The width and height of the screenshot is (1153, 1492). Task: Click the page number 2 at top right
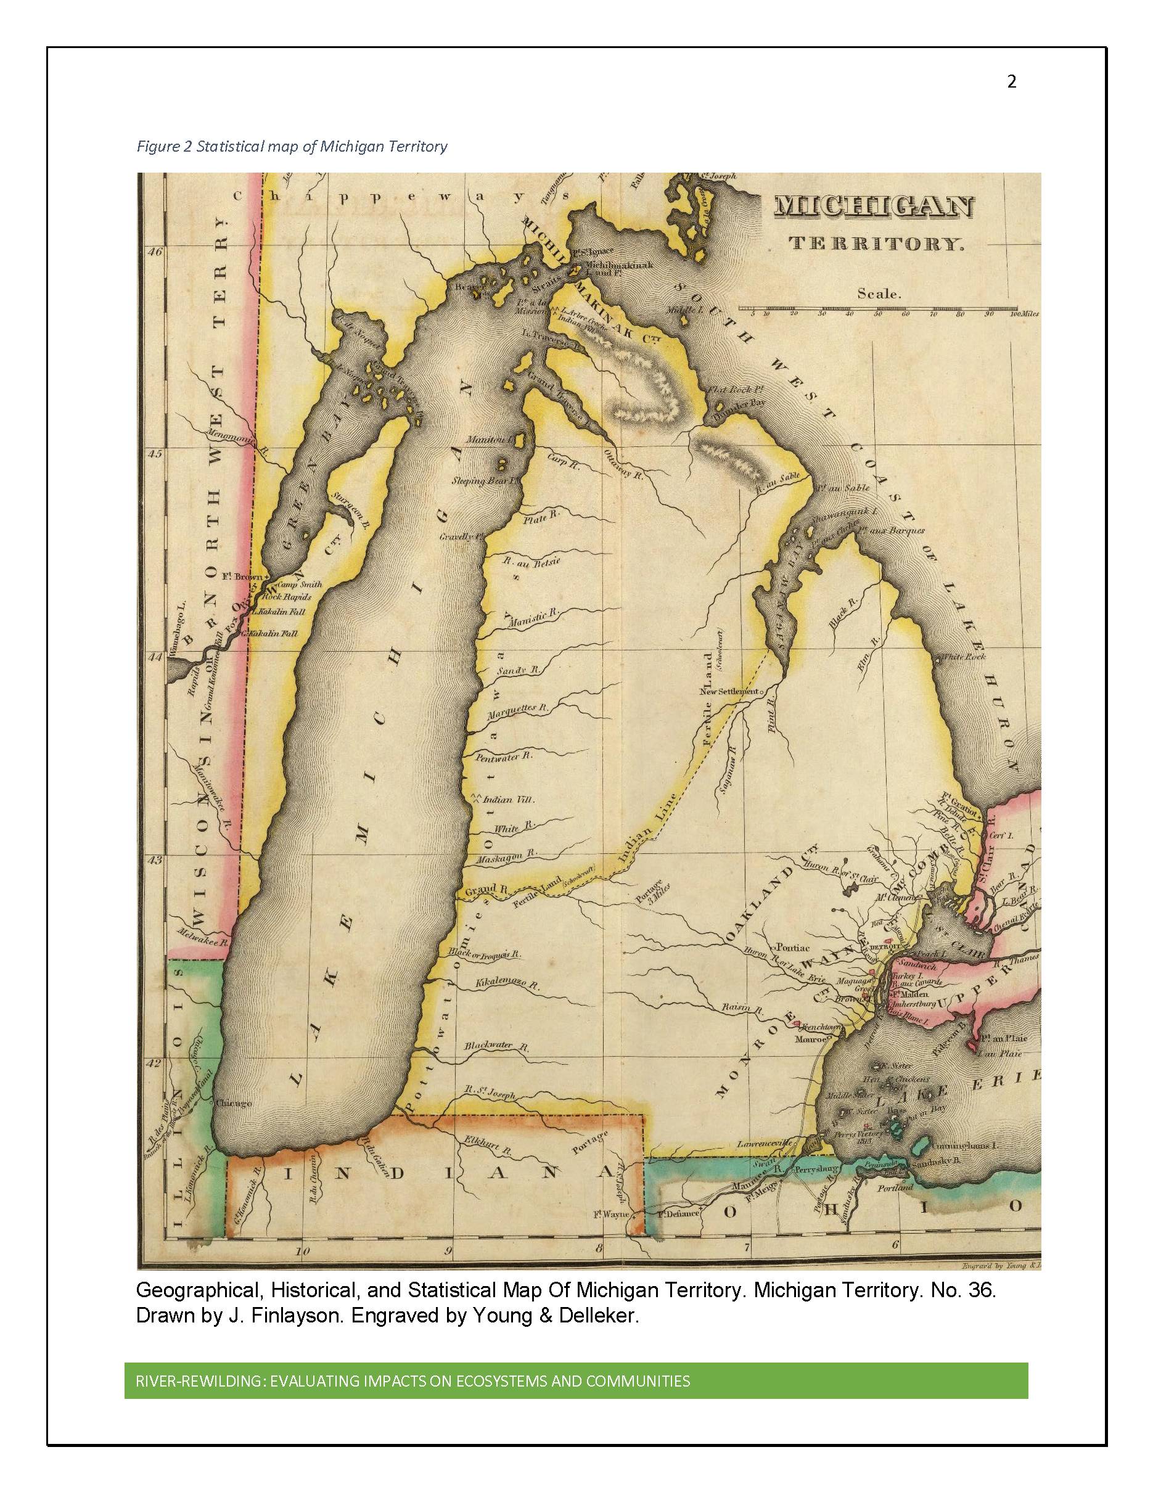(x=1012, y=82)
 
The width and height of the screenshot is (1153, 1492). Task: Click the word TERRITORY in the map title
(x=877, y=244)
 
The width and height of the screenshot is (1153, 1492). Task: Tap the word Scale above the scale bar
(x=879, y=295)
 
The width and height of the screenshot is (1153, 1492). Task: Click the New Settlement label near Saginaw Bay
(x=729, y=691)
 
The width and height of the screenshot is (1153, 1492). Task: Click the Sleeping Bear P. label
(x=482, y=481)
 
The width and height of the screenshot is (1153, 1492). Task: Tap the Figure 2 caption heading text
(x=292, y=146)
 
